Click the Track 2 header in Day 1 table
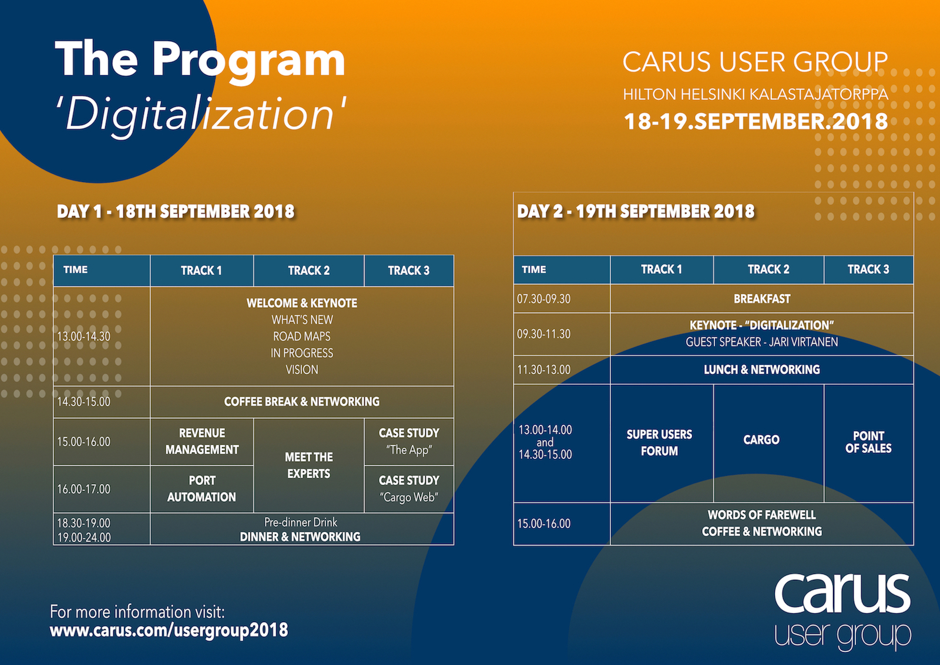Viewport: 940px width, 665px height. coord(308,271)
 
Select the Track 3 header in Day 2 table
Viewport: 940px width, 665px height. coord(868,270)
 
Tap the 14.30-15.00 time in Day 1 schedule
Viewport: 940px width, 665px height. coord(83,402)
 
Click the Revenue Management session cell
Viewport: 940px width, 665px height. coord(202,441)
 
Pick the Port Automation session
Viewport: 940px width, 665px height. coord(202,489)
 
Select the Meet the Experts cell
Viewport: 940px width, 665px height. coord(309,465)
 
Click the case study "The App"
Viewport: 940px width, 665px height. coord(409,441)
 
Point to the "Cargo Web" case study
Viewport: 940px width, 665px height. coord(409,489)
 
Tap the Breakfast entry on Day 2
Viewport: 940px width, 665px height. coord(761,299)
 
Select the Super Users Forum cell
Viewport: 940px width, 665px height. coord(659,442)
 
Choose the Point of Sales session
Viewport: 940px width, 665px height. coord(868,442)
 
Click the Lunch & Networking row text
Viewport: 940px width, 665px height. coord(761,370)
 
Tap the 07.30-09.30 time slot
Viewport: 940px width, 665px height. coord(543,299)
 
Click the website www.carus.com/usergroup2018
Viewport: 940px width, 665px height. coord(169,630)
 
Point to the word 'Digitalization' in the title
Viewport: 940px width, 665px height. coord(201,114)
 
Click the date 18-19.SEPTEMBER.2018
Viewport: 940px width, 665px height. coord(756,121)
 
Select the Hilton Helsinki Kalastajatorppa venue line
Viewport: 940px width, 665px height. coord(756,95)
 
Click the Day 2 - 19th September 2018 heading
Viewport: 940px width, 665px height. coord(635,211)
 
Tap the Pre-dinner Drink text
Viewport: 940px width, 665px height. coord(300,522)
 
